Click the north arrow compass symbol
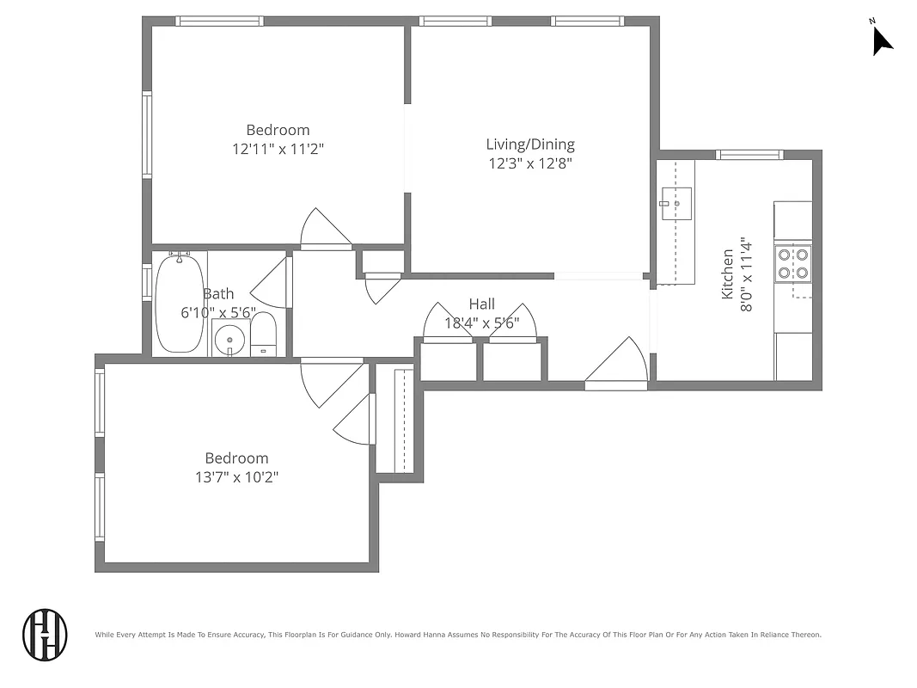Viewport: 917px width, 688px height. coord(882,40)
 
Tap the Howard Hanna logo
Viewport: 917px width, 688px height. coord(45,635)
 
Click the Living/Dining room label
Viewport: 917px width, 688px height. coord(530,144)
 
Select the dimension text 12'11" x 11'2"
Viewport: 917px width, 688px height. coord(278,148)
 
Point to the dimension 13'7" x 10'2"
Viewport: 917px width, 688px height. coord(236,476)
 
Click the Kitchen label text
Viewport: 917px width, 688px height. coord(728,274)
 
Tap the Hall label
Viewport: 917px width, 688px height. coord(481,304)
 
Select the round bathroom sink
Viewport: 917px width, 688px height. coord(229,340)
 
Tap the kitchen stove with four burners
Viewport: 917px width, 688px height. coord(792,264)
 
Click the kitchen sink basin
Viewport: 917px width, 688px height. coord(676,204)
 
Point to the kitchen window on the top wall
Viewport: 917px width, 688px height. coord(750,156)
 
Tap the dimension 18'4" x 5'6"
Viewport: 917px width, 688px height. coord(481,323)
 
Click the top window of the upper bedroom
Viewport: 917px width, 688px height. coord(219,21)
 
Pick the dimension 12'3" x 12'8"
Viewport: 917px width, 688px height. coord(530,163)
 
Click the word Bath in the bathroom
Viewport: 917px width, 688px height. coord(218,294)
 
